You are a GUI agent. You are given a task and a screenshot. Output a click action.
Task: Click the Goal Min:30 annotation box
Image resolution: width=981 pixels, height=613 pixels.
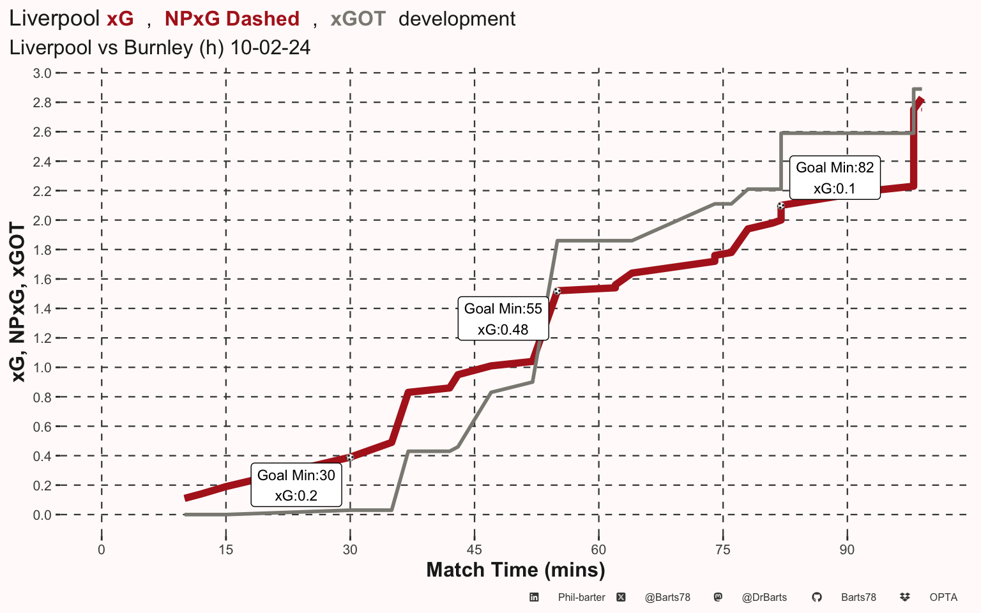(296, 485)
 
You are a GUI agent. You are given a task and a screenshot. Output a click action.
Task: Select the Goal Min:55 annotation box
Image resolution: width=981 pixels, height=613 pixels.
(503, 319)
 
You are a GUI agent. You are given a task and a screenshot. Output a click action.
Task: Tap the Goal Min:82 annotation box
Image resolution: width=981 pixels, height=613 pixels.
(835, 178)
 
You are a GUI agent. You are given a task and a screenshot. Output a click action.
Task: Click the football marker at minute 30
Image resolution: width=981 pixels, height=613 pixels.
(350, 458)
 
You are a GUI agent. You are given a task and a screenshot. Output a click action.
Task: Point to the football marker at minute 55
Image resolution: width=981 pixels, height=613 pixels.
(557, 291)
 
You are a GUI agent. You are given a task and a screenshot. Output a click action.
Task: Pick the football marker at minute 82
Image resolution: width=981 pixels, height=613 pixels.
(781, 206)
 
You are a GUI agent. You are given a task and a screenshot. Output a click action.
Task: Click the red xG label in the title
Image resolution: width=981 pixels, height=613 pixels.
(120, 19)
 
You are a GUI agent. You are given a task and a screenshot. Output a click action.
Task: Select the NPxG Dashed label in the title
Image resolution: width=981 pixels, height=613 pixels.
(232, 19)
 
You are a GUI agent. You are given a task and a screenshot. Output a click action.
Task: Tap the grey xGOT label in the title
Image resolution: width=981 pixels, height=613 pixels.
(358, 19)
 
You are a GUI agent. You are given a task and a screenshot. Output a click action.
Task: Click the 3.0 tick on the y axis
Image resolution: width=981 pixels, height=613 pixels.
(42, 73)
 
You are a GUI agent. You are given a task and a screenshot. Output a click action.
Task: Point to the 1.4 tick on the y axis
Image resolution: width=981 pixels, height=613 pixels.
(42, 308)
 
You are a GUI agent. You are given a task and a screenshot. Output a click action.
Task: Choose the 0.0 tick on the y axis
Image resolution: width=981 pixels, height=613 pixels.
(42, 515)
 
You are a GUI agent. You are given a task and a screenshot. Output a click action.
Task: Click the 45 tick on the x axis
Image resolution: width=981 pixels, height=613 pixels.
(475, 550)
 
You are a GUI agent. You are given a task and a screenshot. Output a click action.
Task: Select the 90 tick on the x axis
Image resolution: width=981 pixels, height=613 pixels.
(847, 550)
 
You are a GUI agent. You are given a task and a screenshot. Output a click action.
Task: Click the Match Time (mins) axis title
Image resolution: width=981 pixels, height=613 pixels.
(515, 570)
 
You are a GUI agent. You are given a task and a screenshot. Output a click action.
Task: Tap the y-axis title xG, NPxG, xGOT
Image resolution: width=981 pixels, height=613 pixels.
(17, 302)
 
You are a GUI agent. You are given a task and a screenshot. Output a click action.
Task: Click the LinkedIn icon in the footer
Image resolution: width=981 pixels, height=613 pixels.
(534, 597)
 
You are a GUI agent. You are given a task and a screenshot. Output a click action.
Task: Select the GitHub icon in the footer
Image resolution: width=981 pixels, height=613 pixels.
(817, 597)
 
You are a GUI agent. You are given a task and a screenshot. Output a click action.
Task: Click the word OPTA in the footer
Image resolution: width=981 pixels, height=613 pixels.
(943, 597)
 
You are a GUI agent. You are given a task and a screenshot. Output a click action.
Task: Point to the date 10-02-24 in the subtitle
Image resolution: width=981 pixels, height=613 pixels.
(270, 47)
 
